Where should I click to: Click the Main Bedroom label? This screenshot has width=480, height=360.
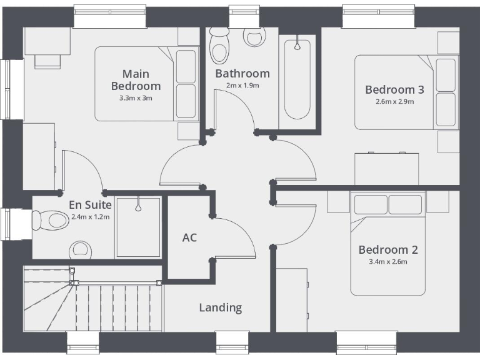pyautogui.click(x=136, y=80)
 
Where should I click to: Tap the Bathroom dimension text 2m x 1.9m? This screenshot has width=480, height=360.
pyautogui.click(x=242, y=86)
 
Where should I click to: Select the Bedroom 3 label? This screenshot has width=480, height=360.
pyautogui.click(x=394, y=89)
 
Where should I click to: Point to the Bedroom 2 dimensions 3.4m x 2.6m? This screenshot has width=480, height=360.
pyautogui.click(x=387, y=262)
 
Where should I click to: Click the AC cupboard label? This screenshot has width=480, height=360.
pyautogui.click(x=189, y=238)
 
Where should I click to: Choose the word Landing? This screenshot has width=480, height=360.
pyautogui.click(x=220, y=307)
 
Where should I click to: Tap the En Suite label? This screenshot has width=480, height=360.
pyautogui.click(x=91, y=204)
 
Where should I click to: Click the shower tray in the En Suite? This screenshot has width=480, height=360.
pyautogui.click(x=137, y=227)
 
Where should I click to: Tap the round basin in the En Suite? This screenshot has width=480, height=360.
pyautogui.click(x=80, y=249)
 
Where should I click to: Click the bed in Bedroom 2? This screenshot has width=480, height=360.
pyautogui.click(x=387, y=244)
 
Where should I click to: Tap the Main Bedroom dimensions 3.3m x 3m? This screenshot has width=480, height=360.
pyautogui.click(x=136, y=98)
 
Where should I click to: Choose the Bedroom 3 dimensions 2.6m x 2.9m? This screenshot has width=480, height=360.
pyautogui.click(x=394, y=101)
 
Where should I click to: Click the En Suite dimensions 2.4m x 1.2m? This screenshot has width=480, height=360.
pyautogui.click(x=91, y=217)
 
